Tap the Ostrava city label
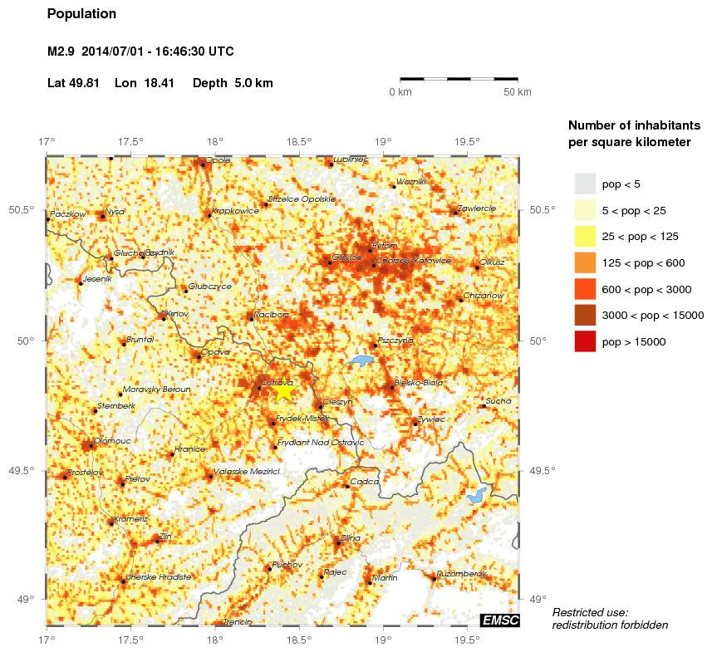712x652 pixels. pyautogui.click(x=275, y=382)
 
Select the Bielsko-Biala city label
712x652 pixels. pyautogui.click(x=419, y=383)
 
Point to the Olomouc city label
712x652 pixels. pyautogui.click(x=110, y=441)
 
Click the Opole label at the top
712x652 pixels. pyautogui.click(x=218, y=160)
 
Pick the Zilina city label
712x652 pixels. pyautogui.click(x=350, y=538)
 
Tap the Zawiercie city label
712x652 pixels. pyautogui.click(x=476, y=208)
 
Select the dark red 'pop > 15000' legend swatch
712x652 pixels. pyautogui.click(x=585, y=341)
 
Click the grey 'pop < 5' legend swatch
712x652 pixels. pyautogui.click(x=585, y=184)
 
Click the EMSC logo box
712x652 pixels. pyautogui.click(x=500, y=620)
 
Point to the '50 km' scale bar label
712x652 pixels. pyautogui.click(x=517, y=92)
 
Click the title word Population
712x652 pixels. pyautogui.click(x=82, y=14)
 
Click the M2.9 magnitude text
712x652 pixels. pyautogui.click(x=61, y=51)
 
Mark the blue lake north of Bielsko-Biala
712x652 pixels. pyautogui.click(x=361, y=361)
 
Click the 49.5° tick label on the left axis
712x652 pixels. pyautogui.click(x=30, y=470)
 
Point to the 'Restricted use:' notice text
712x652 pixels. pyautogui.click(x=590, y=611)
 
